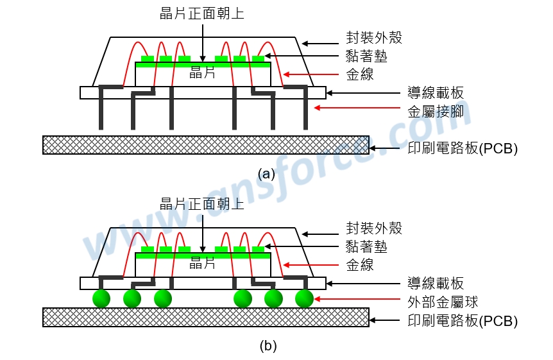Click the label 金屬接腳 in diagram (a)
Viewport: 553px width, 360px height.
tap(436, 112)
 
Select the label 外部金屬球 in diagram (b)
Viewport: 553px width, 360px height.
tap(443, 302)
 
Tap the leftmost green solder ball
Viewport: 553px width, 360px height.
tap(101, 298)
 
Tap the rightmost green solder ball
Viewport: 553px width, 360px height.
tap(304, 298)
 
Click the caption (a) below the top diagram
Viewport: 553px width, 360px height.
tap(266, 174)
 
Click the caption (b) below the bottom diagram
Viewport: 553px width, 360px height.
tap(268, 345)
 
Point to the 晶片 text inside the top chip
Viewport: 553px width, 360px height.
tap(203, 73)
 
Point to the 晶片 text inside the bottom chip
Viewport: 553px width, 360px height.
tap(203, 263)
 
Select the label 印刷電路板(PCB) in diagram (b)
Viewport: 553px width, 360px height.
tap(463, 320)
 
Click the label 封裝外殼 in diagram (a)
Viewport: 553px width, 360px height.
tap(374, 37)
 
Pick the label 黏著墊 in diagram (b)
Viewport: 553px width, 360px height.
tap(367, 246)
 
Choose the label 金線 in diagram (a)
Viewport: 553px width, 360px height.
tap(360, 74)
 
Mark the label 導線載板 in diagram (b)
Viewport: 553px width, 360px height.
tap(436, 283)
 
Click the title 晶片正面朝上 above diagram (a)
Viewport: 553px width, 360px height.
tap(202, 13)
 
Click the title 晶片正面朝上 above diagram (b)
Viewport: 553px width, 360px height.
tap(202, 203)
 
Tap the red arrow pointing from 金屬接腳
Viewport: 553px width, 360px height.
tap(357, 108)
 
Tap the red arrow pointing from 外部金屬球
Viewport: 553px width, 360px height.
tap(357, 299)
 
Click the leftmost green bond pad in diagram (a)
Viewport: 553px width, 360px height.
tap(148, 58)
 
